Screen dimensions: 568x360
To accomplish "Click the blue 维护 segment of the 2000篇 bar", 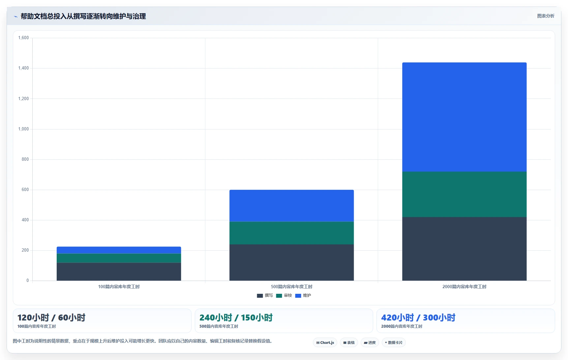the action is [x=464, y=117].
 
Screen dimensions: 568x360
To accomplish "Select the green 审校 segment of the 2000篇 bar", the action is [x=464, y=194].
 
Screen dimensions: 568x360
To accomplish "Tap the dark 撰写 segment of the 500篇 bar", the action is [x=291, y=263].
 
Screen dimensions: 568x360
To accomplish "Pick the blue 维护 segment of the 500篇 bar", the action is [x=291, y=206].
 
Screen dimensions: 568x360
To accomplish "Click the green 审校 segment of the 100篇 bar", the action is [x=119, y=258].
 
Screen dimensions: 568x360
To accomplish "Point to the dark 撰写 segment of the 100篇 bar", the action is [x=119, y=272].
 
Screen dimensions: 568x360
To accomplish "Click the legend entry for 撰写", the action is [x=265, y=295].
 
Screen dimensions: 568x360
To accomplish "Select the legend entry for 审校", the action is [x=284, y=295].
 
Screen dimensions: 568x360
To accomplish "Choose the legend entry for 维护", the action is [x=303, y=295].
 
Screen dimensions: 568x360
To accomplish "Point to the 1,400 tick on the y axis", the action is [x=23, y=68].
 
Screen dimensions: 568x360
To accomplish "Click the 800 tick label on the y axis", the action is [x=25, y=159].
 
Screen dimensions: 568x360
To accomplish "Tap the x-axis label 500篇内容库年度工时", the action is [x=291, y=287].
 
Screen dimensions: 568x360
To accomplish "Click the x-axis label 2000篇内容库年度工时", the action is [x=464, y=287].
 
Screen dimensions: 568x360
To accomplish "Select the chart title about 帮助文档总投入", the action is [x=83, y=16].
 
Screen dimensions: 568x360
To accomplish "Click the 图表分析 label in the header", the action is [x=546, y=16].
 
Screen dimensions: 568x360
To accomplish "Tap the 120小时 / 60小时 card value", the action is [x=51, y=318].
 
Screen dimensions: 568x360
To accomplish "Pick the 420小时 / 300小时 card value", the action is [x=418, y=318].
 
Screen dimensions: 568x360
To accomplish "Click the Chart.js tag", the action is [x=325, y=343].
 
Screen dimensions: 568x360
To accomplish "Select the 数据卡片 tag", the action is [x=394, y=343].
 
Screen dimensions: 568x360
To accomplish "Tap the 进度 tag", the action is [x=370, y=343].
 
